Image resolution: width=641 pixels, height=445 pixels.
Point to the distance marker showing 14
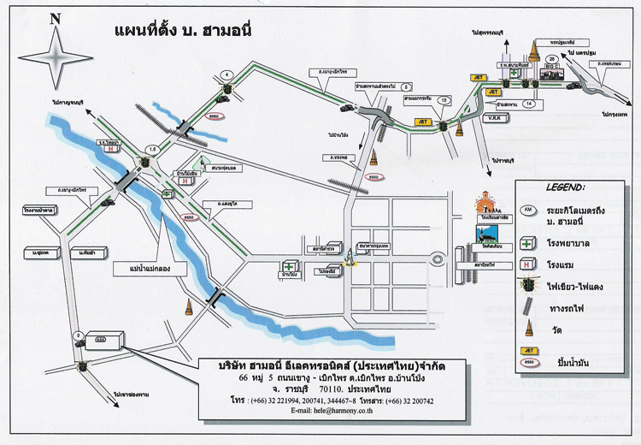530,104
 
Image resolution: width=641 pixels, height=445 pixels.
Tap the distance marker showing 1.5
152,149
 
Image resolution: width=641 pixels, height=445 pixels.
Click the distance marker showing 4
226,75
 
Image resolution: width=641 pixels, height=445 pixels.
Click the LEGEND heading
565,185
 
